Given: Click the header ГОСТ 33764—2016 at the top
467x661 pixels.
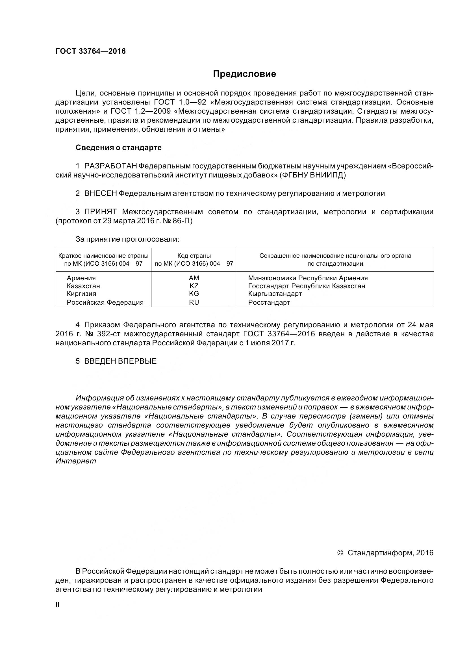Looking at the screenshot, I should point(90,51).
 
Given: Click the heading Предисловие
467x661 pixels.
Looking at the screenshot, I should point(244,74).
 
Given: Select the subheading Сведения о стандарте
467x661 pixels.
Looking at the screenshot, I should point(119,148).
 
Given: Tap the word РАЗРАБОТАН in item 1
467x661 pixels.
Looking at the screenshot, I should point(111,166).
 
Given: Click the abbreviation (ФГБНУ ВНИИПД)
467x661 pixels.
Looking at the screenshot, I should point(313,175).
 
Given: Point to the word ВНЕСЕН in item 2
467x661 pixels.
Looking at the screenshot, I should point(100,194).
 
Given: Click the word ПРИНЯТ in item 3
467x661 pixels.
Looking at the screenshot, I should point(100,212).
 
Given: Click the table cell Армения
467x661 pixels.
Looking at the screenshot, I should point(81,278).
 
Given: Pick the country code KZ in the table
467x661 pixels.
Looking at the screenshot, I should point(194,286).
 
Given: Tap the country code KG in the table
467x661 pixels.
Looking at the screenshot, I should point(194,294).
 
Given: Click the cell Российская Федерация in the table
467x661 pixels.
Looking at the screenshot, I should point(105,302).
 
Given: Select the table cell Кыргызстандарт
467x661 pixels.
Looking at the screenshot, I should point(275,294).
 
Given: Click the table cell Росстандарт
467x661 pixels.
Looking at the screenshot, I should point(269,302).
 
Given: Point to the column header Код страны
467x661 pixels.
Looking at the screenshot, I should point(194,256).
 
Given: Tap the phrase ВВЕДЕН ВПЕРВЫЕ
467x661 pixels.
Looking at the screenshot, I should point(120,361).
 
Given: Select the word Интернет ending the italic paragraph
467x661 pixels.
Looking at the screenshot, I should point(76,461).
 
